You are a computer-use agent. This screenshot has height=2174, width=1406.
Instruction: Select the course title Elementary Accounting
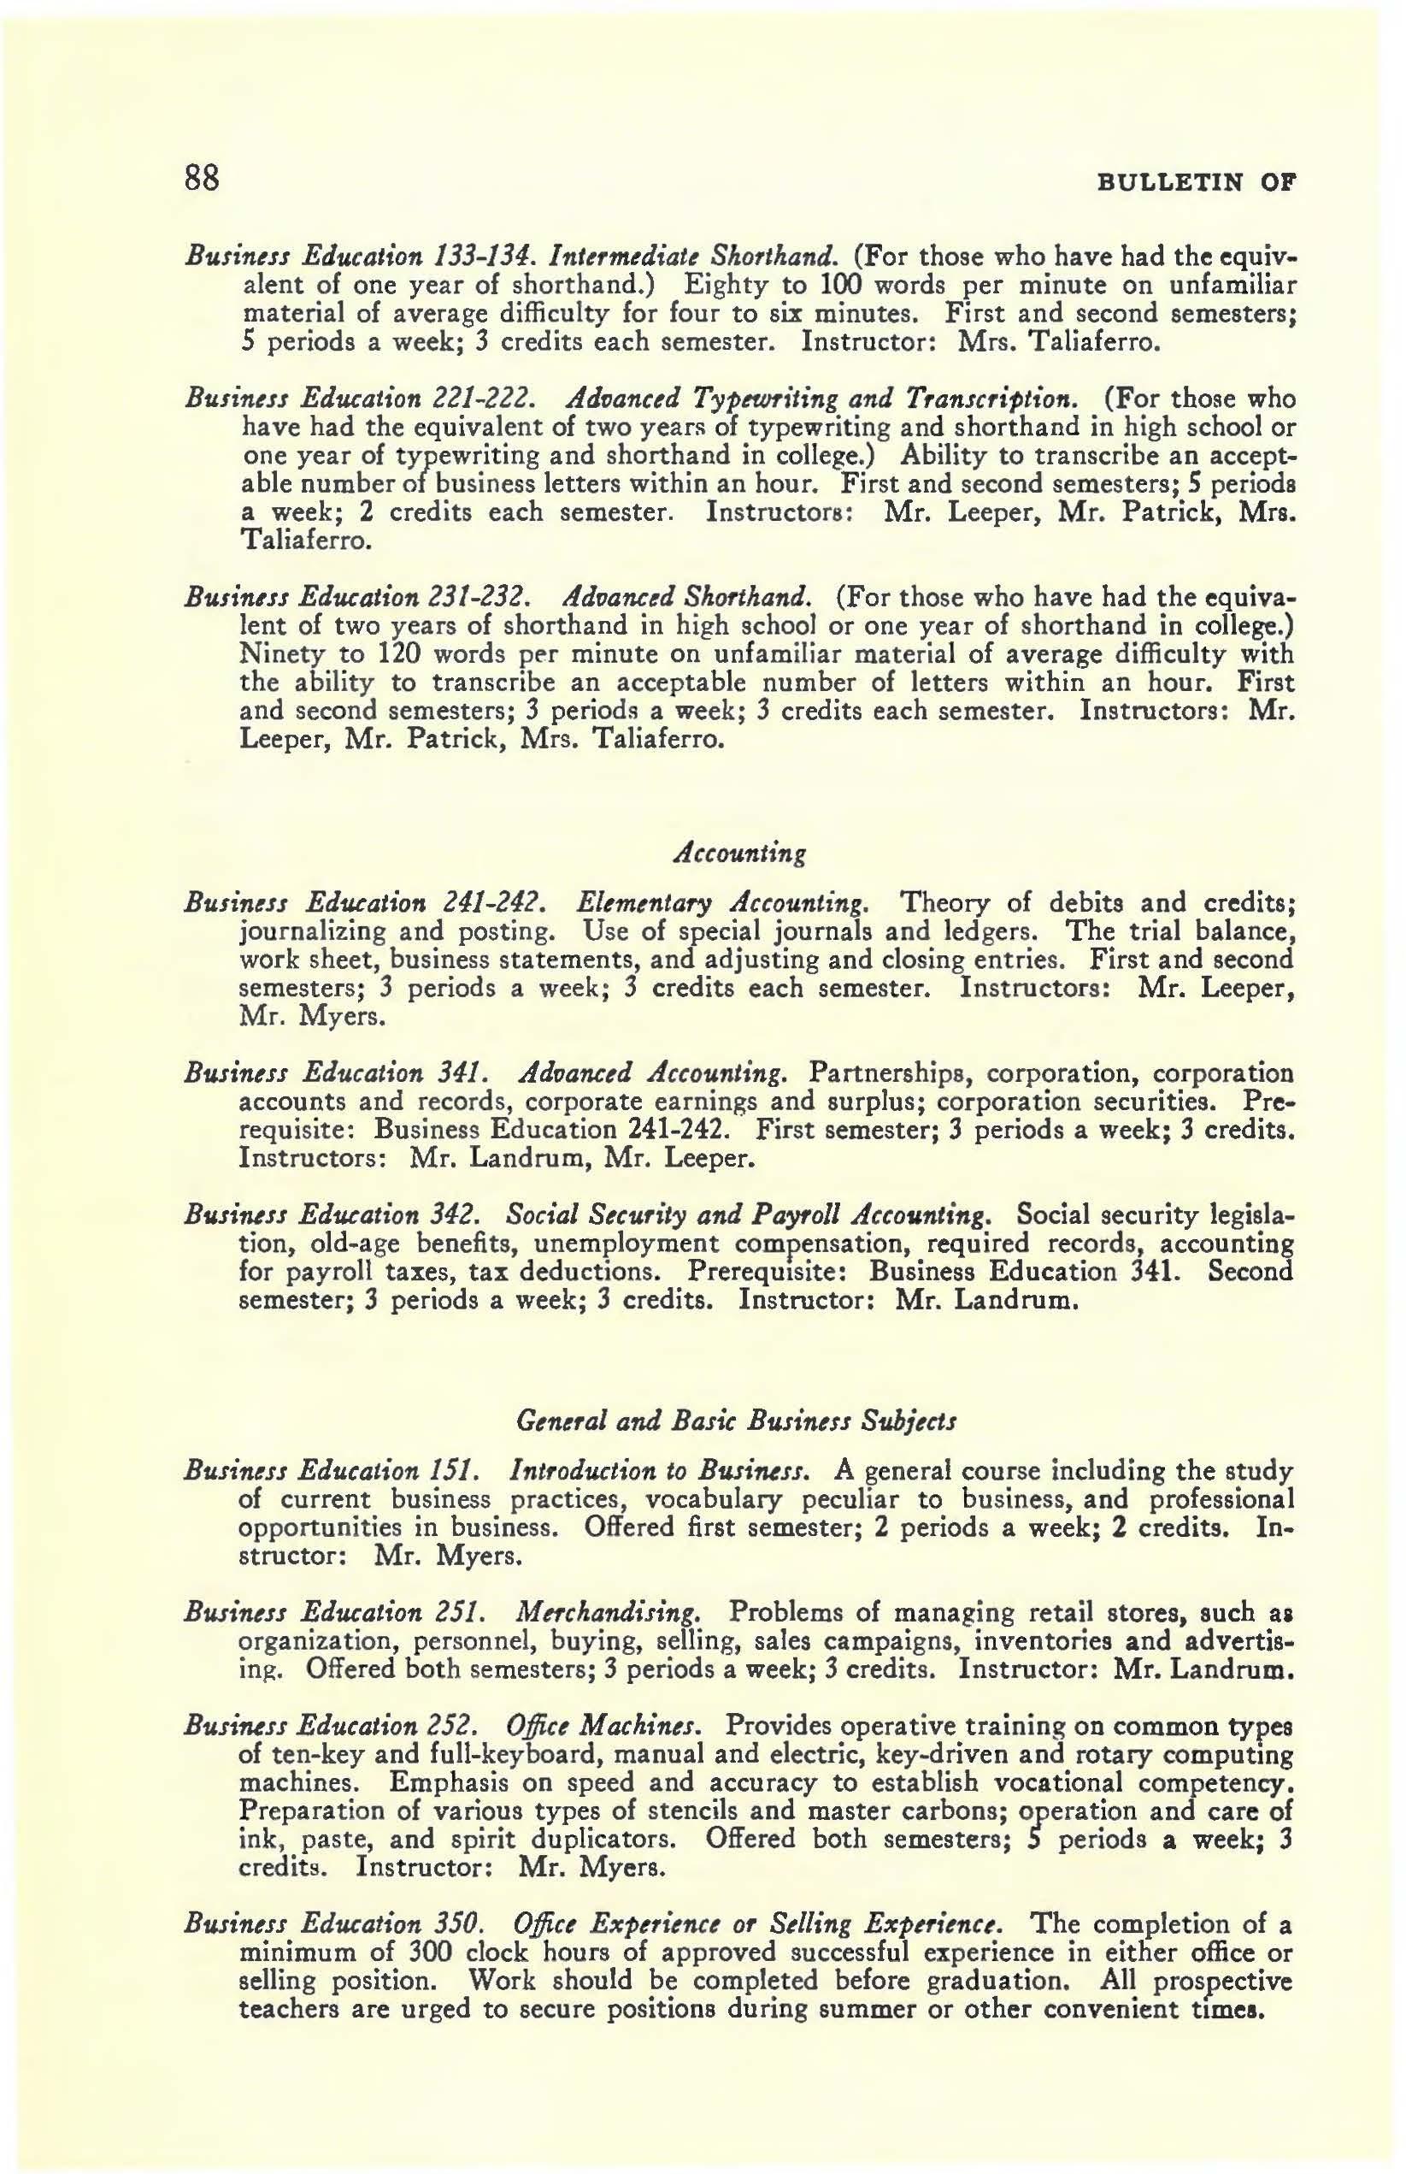pyautogui.click(x=722, y=903)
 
